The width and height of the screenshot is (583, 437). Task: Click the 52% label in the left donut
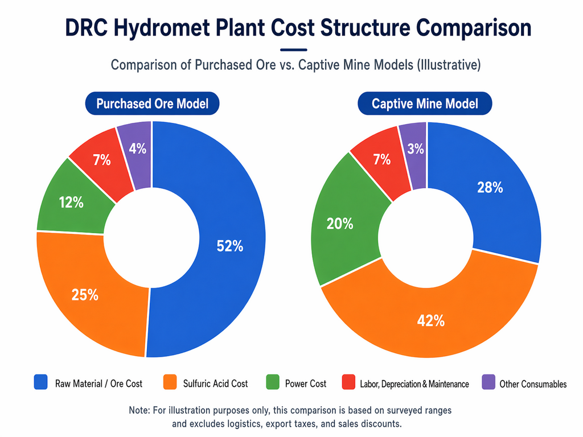click(x=230, y=246)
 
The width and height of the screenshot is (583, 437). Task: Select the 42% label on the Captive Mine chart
click(x=430, y=321)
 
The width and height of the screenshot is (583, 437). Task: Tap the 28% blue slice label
click(x=489, y=187)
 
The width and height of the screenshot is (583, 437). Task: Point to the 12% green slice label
click(x=71, y=202)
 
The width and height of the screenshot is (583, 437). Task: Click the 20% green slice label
click(x=340, y=224)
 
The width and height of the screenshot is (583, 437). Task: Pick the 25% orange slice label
click(x=85, y=295)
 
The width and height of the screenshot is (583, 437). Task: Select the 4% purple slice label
click(x=138, y=149)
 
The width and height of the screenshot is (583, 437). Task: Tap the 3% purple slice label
click(x=416, y=149)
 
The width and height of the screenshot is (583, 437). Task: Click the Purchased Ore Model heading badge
click(x=152, y=104)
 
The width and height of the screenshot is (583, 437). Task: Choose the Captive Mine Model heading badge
click(x=425, y=104)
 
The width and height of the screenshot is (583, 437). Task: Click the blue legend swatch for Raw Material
click(x=40, y=382)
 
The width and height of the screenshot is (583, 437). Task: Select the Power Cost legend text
click(x=305, y=384)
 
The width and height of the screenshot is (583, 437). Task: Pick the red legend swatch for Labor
click(x=347, y=382)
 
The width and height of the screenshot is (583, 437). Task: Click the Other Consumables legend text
click(x=533, y=384)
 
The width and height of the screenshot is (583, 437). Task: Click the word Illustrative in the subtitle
click(x=448, y=65)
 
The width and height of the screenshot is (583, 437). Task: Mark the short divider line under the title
click(x=294, y=50)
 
